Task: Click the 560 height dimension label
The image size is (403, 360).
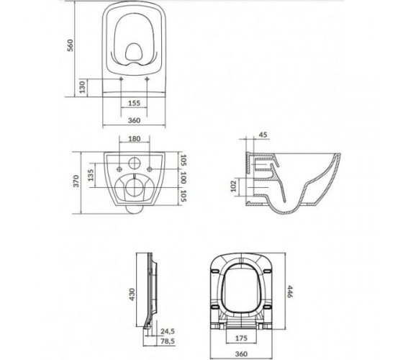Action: (x=71, y=45)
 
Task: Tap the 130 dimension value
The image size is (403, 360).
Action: (x=82, y=87)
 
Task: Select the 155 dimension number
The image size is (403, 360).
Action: (x=134, y=103)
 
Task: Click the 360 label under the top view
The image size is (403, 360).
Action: (x=134, y=120)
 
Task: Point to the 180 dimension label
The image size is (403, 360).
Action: (x=135, y=139)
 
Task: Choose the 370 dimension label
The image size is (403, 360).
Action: (x=76, y=181)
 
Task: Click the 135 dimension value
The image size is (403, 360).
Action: (x=91, y=175)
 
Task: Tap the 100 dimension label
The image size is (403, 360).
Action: (x=184, y=177)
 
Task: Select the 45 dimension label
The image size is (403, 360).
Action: (x=263, y=135)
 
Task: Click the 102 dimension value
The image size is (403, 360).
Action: (x=233, y=186)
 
